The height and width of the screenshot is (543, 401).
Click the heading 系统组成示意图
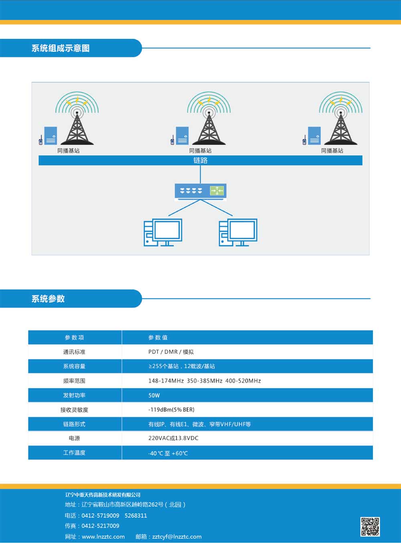click(x=61, y=48)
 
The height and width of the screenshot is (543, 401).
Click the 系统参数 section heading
click(x=48, y=299)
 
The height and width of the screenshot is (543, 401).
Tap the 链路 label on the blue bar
click(x=200, y=160)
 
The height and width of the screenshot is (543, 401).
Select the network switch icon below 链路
click(x=200, y=191)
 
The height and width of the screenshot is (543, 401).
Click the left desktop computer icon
click(x=163, y=232)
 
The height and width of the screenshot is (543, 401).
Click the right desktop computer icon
click(x=238, y=232)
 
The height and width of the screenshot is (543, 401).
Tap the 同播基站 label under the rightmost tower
click(x=332, y=151)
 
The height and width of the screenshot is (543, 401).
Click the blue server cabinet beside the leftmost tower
click(x=51, y=135)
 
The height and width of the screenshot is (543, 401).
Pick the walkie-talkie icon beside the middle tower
click(x=172, y=140)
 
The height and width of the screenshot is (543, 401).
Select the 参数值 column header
click(x=158, y=337)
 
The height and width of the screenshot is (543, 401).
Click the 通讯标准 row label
click(x=74, y=352)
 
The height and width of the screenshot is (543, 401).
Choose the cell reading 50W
click(x=154, y=395)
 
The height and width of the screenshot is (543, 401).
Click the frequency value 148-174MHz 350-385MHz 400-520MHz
click(x=205, y=381)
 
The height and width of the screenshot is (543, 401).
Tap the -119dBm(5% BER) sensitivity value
click(x=172, y=410)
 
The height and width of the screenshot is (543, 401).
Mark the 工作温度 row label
click(x=74, y=453)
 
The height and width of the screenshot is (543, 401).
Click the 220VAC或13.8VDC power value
click(x=173, y=438)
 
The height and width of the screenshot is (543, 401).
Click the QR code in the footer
click(x=370, y=526)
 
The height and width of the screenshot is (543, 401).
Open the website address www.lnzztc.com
click(x=103, y=537)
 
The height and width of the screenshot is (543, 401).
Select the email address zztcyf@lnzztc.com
click(x=177, y=537)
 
